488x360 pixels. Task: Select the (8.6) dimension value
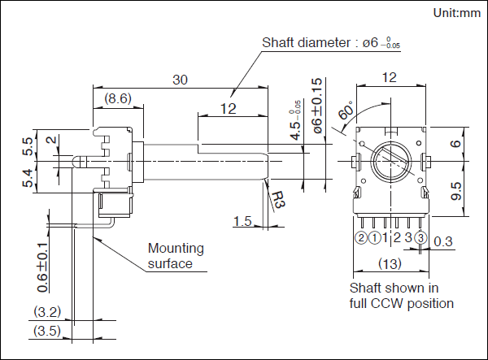pos(117,98)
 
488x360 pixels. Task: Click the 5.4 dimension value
pos(28,178)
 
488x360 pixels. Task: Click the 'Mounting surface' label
pos(176,256)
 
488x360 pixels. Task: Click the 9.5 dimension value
pos(456,192)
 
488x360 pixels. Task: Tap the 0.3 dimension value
pos(443,241)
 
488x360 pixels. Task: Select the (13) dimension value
pos(390,263)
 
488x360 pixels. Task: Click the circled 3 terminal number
pos(420,238)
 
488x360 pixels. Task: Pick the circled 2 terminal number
pos(361,238)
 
